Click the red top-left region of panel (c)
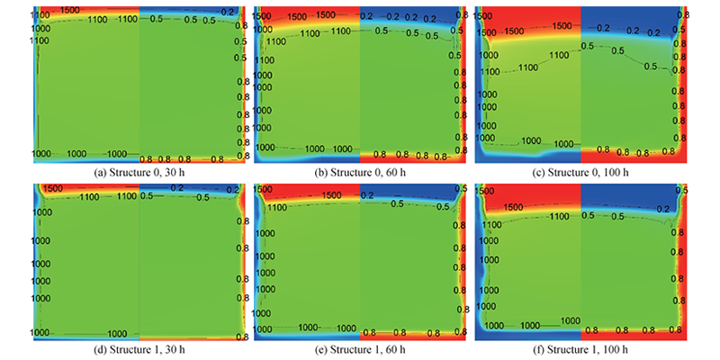[x=526, y=18]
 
